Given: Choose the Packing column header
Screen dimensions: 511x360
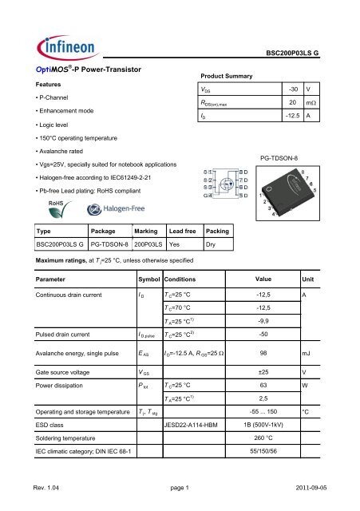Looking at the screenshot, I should (x=217, y=230).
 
